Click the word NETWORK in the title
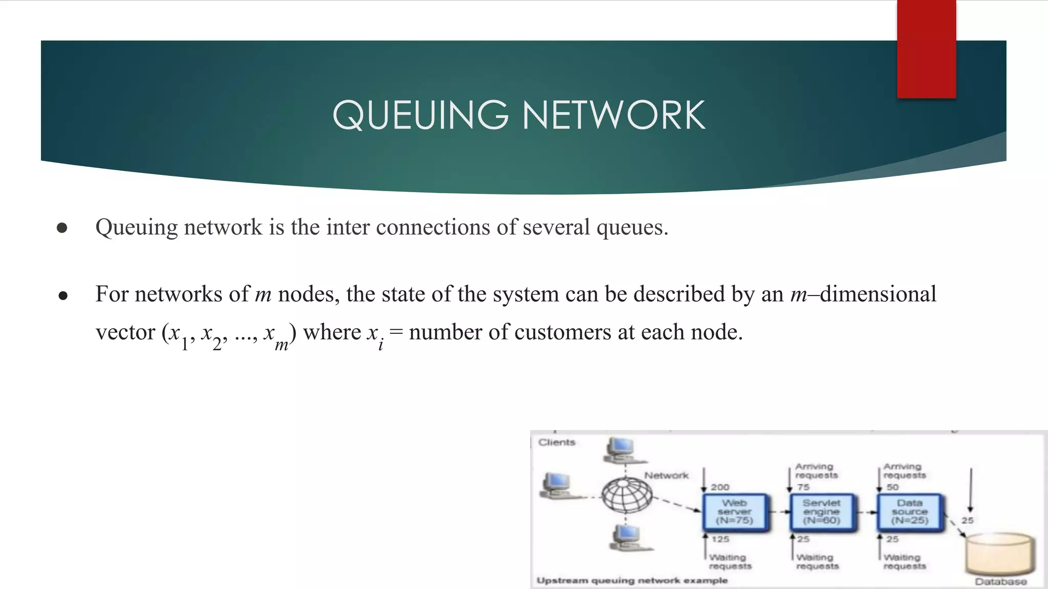pos(614,115)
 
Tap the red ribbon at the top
pos(926,49)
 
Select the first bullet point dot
pos(62,228)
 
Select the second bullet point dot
pos(63,296)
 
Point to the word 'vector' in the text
pos(125,332)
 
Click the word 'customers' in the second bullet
pos(562,332)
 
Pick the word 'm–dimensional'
pos(863,294)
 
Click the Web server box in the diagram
pos(735,512)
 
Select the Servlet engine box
pos(821,512)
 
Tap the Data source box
pos(909,512)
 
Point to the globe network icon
pos(626,495)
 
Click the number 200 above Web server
pos(720,487)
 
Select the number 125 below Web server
pos(720,539)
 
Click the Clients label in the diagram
pos(557,442)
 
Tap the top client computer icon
pos(621,450)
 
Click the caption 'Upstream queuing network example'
pos(632,580)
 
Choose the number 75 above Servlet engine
pos(803,487)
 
